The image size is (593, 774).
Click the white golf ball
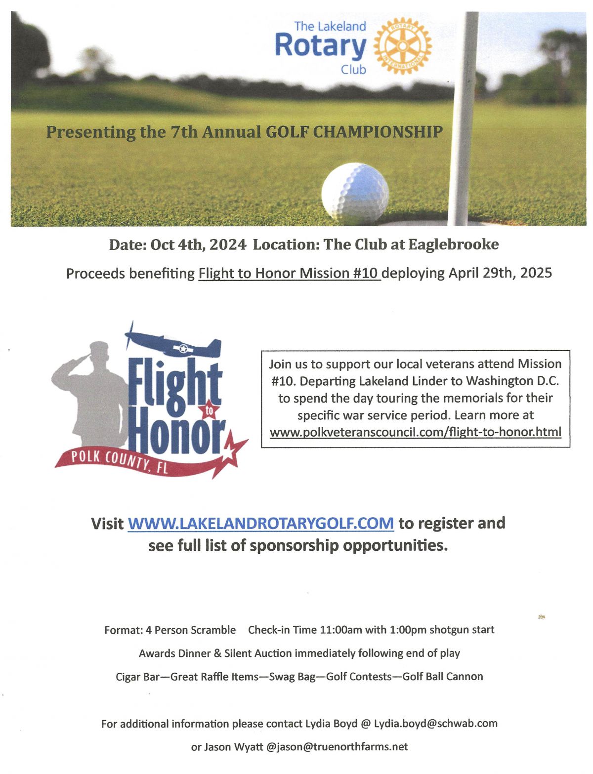point(355,194)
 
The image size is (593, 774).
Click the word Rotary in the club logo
point(320,46)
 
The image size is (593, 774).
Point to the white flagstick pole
point(464,119)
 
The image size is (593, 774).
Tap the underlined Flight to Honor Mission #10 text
point(289,273)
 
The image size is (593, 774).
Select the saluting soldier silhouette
point(91,390)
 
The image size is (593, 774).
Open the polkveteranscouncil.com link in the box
point(415,432)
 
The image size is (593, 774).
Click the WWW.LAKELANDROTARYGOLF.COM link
point(260,523)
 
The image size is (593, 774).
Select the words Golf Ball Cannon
point(443,676)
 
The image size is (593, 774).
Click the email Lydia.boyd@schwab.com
point(435,724)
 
